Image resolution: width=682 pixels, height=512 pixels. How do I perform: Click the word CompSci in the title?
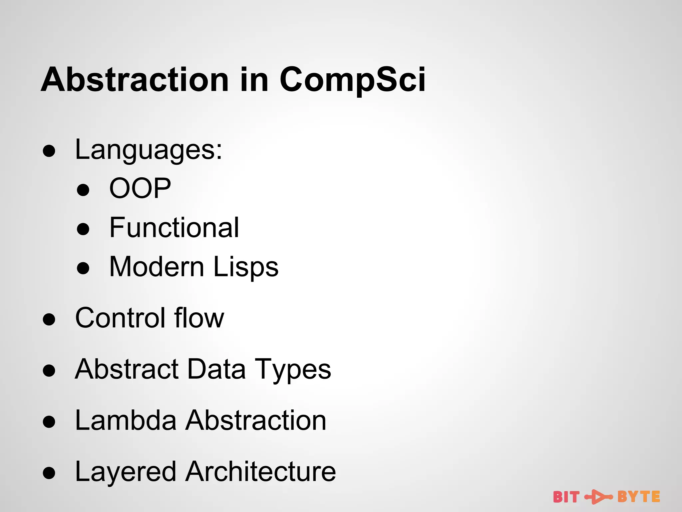click(x=352, y=80)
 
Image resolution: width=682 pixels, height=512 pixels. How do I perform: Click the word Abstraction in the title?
click(x=135, y=80)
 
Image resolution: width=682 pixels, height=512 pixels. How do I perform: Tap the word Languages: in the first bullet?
click(x=149, y=150)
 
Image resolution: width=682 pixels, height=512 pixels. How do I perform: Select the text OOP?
click(x=140, y=188)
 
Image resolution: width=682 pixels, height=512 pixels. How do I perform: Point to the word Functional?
click(x=174, y=228)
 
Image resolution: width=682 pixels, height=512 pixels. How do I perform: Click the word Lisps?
click(x=246, y=267)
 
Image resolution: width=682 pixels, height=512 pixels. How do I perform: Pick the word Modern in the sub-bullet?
click(x=157, y=267)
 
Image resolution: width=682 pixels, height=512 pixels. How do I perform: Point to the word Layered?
click(x=126, y=472)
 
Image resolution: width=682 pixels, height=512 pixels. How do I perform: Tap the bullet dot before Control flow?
click(x=49, y=319)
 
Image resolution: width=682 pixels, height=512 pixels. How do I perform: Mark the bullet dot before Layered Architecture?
click(x=49, y=473)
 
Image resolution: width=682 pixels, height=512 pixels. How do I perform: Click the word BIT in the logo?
click(x=566, y=497)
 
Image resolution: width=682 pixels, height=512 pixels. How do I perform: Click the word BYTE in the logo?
click(x=638, y=497)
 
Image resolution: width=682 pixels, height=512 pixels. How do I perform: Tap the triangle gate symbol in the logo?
click(x=598, y=497)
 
